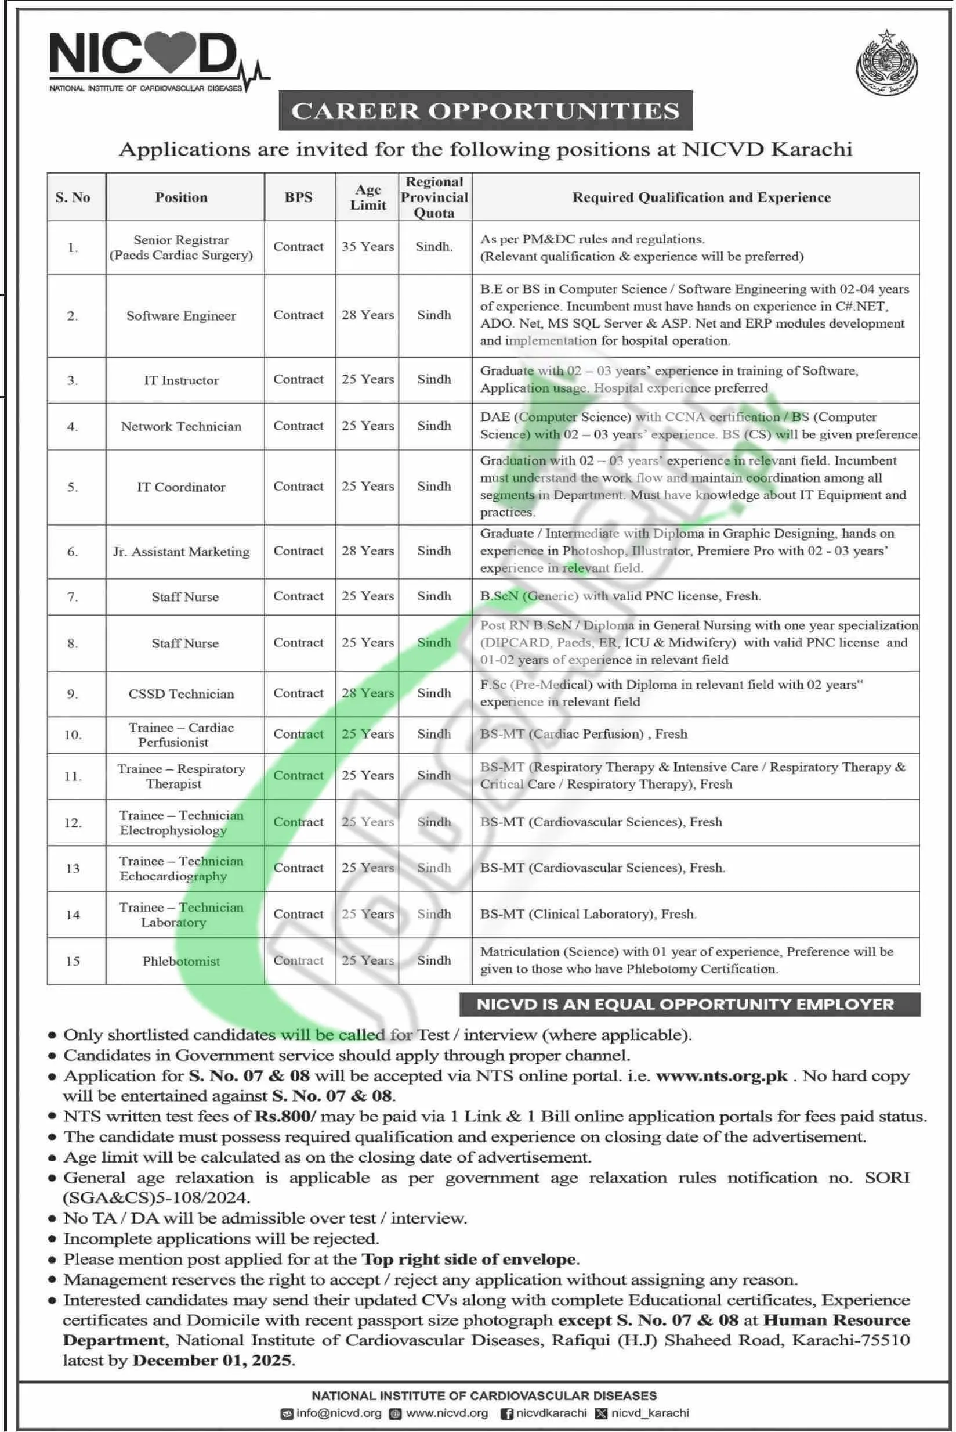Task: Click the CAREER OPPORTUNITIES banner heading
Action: [486, 110]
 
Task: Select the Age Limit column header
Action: [368, 197]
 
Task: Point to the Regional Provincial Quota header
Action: [434, 197]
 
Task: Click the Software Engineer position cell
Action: [181, 315]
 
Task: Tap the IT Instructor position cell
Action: [181, 380]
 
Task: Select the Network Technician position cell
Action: [181, 426]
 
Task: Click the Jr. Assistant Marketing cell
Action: [181, 552]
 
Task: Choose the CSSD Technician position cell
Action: [181, 694]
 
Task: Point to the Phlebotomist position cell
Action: [181, 961]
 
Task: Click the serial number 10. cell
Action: [73, 735]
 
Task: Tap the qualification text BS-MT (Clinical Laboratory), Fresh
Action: [588, 914]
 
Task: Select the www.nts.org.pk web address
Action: [722, 1075]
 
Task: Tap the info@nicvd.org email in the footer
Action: [338, 1413]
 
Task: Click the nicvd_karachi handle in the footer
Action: [650, 1413]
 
